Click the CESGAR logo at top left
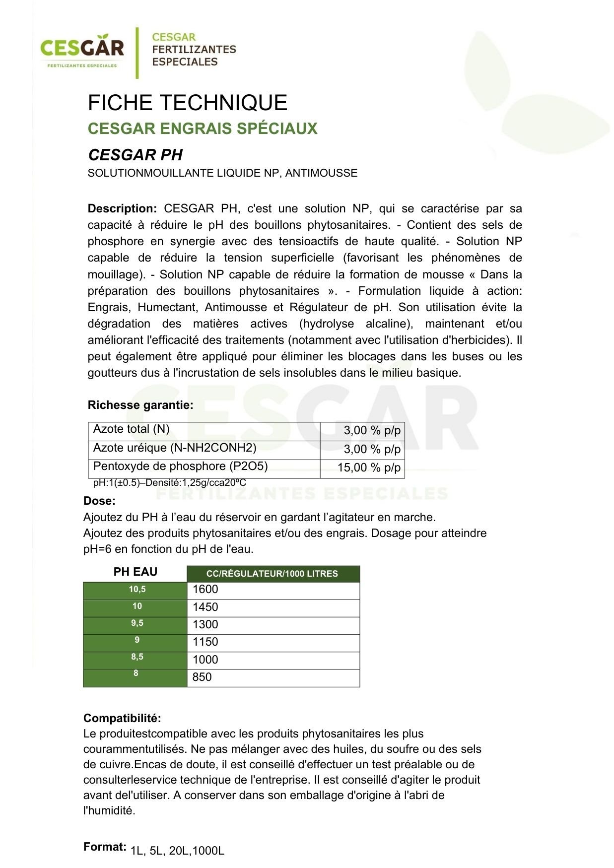(82, 50)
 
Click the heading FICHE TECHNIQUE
(188, 103)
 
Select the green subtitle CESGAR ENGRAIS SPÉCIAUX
(203, 129)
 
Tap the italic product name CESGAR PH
(136, 155)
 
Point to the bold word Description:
(122, 208)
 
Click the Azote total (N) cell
(204, 430)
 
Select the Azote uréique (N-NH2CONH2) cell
(204, 449)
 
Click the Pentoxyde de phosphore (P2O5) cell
(204, 467)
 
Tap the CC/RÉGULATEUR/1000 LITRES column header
(273, 574)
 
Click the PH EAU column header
(136, 572)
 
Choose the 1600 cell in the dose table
(273, 590)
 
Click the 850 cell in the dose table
(273, 677)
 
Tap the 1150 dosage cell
(273, 642)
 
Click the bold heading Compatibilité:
(122, 718)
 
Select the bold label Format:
(105, 847)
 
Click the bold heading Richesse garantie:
(140, 405)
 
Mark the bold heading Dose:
(99, 501)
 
